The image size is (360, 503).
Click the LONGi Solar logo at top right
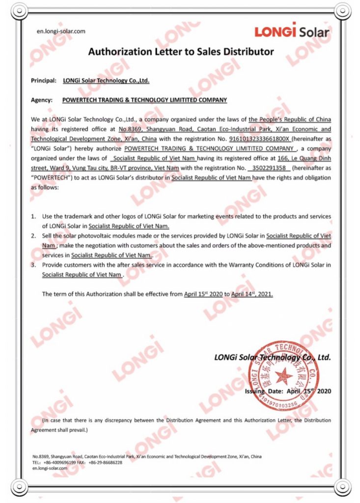tap(292, 31)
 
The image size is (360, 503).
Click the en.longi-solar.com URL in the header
tap(61, 31)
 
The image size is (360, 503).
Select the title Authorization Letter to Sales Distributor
tap(181, 52)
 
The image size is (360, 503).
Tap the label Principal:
tap(44, 80)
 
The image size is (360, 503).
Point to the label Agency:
tap(42, 100)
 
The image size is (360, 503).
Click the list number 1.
tap(33, 217)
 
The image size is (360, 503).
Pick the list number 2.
tap(33, 236)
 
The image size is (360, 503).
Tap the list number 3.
tap(33, 265)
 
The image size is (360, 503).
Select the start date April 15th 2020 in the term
tap(203, 294)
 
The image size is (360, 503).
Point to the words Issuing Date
tap(263, 391)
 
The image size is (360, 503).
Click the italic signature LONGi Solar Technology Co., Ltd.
tap(272, 357)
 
